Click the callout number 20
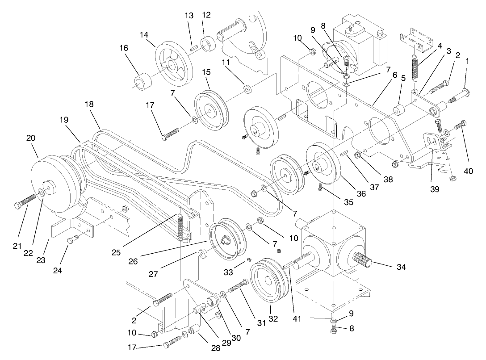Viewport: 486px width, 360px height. coord(31,138)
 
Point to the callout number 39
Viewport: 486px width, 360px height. coord(435,189)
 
